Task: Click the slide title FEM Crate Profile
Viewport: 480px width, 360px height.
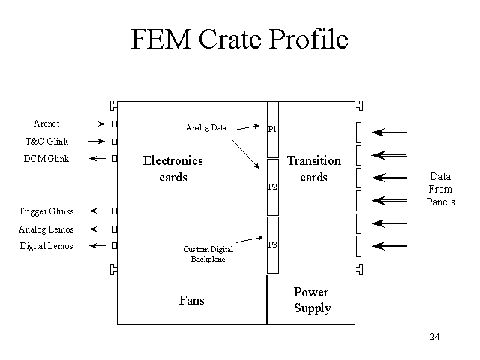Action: point(239,40)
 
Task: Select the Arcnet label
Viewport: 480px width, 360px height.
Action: point(46,124)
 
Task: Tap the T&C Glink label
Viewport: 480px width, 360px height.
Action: point(46,141)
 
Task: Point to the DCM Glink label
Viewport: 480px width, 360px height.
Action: point(46,159)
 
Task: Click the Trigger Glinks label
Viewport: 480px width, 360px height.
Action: point(46,211)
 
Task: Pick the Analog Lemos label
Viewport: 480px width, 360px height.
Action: point(46,229)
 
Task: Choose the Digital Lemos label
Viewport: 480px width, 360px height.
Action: point(46,246)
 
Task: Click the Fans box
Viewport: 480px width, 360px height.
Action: point(192,300)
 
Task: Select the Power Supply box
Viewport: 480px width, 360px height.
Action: point(311,300)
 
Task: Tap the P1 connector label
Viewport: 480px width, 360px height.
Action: point(272,129)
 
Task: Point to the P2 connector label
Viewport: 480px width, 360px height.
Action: point(272,187)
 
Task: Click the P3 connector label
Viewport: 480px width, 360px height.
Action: point(272,244)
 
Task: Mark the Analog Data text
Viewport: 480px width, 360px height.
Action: point(206,127)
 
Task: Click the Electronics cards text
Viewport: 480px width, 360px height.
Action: point(173,169)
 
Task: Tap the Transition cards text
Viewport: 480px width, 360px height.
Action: point(313,169)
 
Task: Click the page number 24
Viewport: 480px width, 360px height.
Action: point(434,335)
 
